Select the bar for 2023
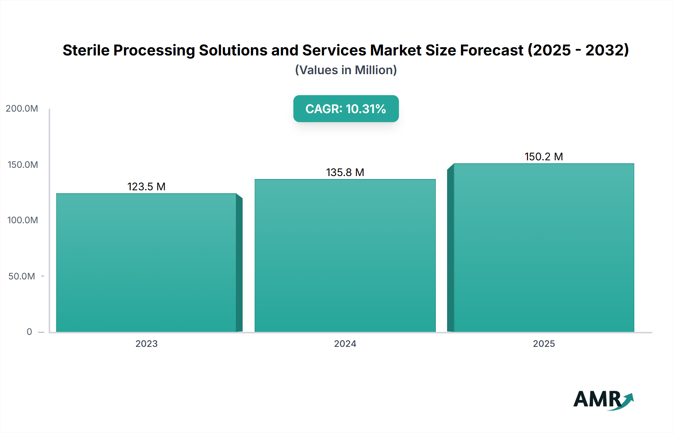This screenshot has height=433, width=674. pos(146,262)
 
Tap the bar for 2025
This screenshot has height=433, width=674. pos(544,247)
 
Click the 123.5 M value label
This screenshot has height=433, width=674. pos(146,187)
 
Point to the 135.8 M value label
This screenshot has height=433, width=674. pos(345,172)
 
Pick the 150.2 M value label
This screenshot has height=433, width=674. pos(544,157)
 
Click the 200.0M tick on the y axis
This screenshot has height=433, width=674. pos(22,109)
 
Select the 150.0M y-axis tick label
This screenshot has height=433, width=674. pos(22,165)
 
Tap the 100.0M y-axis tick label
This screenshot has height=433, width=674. pos(22,220)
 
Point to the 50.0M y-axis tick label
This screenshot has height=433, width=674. pos(22,276)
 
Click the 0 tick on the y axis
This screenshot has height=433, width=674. pos(29,332)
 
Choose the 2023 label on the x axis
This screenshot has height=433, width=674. pos(146,344)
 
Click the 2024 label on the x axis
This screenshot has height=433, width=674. pos(345,344)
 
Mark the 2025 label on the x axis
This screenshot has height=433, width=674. pos(544,344)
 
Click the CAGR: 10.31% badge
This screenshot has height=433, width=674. pos(346,109)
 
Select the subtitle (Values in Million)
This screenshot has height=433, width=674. pos(346,70)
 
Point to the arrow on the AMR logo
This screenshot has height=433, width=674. pos(628,400)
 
